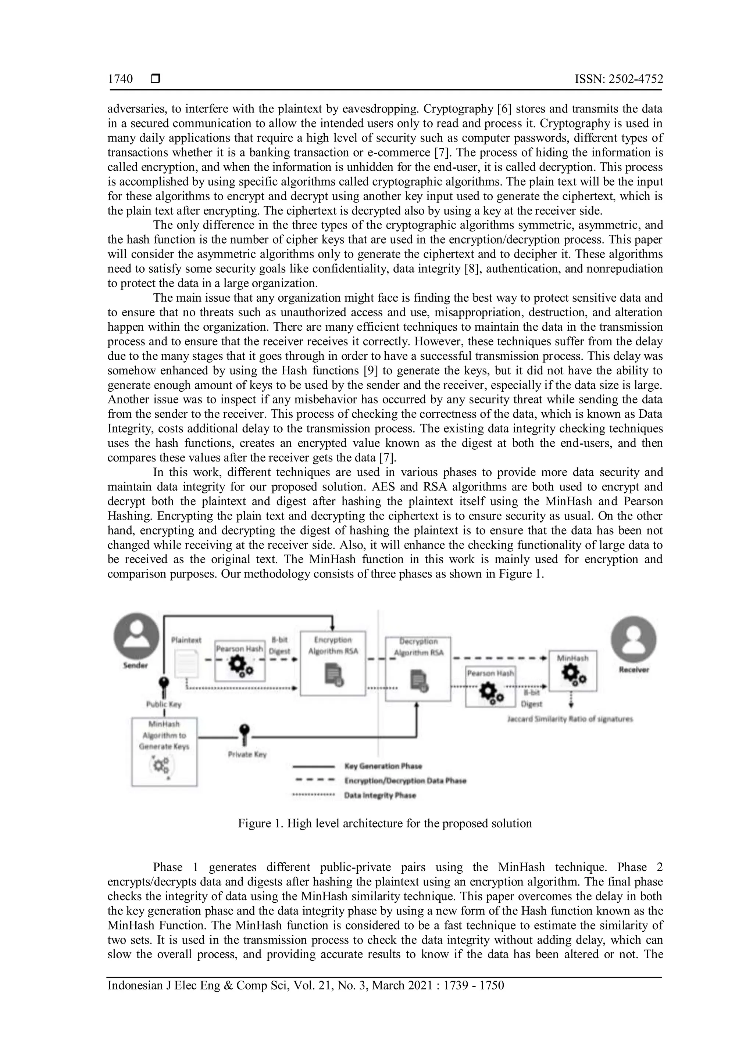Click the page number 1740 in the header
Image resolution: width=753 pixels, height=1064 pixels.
(x=120, y=79)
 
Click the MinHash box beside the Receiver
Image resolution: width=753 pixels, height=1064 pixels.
(x=572, y=671)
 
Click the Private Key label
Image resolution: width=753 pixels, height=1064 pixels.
(x=247, y=754)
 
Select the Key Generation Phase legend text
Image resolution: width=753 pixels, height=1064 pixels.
(x=383, y=766)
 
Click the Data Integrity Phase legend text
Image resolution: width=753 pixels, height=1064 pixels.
(x=380, y=795)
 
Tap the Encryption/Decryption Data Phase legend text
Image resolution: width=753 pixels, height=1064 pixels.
(x=405, y=781)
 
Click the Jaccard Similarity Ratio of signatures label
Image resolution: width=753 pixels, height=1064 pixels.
(x=570, y=719)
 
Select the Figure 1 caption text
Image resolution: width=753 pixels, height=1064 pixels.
(x=385, y=823)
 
